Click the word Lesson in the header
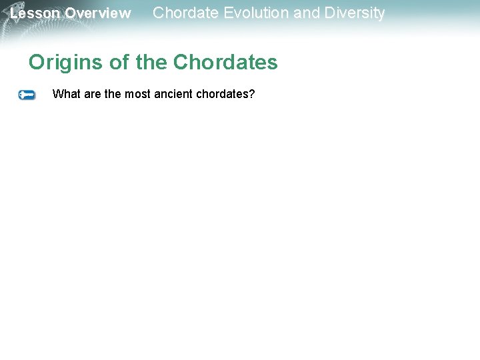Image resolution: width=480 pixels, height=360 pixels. [35, 13]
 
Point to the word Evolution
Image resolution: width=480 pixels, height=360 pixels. [253, 13]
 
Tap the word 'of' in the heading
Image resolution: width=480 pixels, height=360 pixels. [119, 63]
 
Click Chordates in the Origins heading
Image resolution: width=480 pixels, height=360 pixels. [225, 63]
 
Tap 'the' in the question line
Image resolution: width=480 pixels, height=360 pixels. [113, 94]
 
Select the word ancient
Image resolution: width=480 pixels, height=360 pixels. [173, 94]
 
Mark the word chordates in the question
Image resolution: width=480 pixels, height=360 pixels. [222, 94]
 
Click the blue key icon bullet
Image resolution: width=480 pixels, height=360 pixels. [27, 95]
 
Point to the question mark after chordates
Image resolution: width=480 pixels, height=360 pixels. [252, 94]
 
